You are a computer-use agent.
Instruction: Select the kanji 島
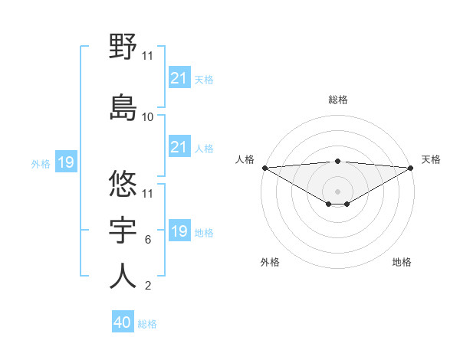click(x=123, y=106)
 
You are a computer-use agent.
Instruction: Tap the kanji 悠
click(x=123, y=183)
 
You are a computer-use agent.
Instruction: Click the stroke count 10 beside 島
click(x=148, y=117)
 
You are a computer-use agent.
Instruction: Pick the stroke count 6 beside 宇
click(x=148, y=240)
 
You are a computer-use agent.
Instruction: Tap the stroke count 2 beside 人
click(x=148, y=286)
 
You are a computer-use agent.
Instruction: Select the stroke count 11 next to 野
click(x=148, y=55)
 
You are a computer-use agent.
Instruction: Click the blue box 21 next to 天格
click(x=179, y=78)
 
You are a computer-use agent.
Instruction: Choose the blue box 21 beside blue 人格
click(x=179, y=147)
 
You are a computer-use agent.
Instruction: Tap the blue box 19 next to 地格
click(x=179, y=231)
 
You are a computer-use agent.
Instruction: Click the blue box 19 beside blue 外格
click(x=66, y=162)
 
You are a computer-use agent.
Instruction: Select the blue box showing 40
click(x=123, y=323)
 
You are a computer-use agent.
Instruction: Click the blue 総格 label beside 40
click(x=147, y=324)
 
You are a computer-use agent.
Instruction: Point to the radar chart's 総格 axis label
click(x=338, y=100)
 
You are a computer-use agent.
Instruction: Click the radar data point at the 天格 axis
click(x=411, y=168)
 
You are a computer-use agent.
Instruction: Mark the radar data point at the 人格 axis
click(x=264, y=168)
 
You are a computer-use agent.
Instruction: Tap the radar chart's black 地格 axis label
click(x=402, y=262)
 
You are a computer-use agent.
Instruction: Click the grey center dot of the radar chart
click(x=338, y=191)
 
